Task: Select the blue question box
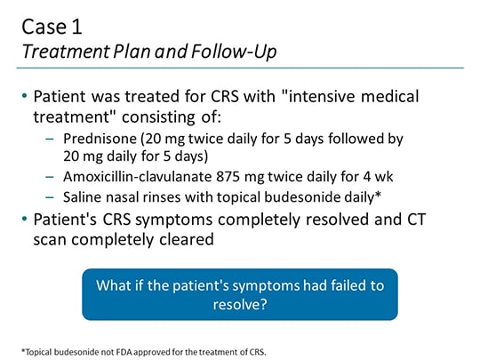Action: pos(239,293)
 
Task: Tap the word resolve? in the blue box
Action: pos(239,304)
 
